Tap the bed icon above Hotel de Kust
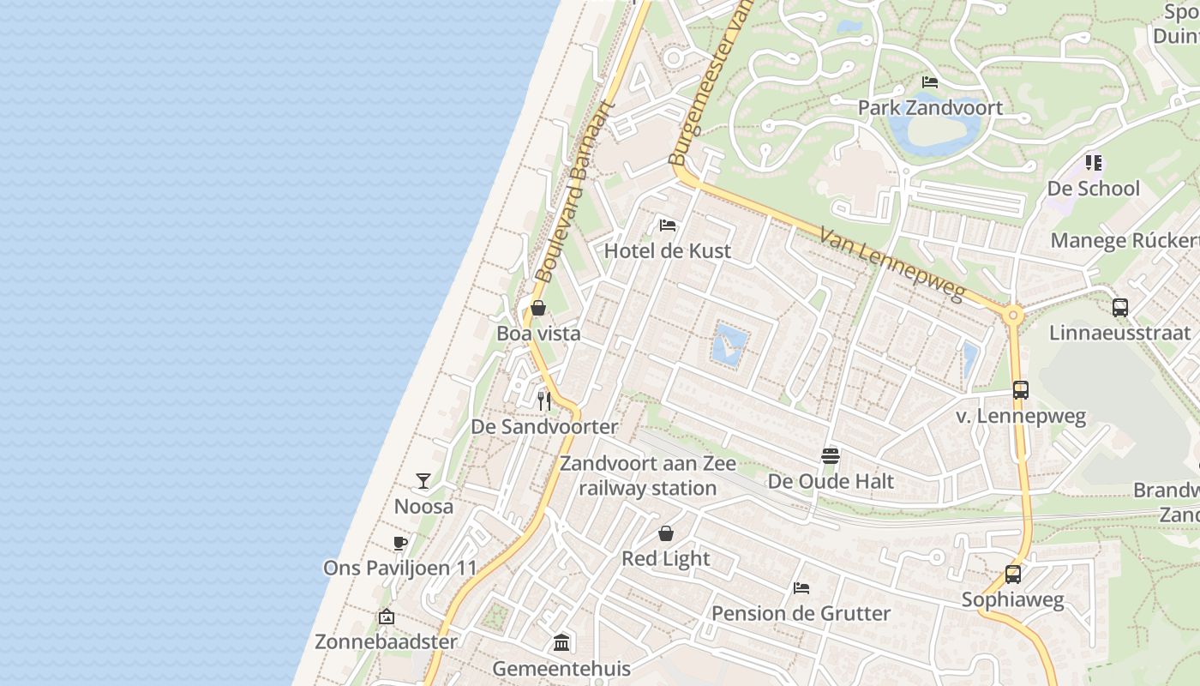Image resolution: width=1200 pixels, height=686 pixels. pyautogui.click(x=668, y=226)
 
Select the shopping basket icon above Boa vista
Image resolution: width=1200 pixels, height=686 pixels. pyautogui.click(x=538, y=308)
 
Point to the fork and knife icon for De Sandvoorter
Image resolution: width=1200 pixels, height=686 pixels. pyautogui.click(x=543, y=400)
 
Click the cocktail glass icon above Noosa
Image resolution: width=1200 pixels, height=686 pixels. pyautogui.click(x=423, y=480)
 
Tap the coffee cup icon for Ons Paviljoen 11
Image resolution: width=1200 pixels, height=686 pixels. pyautogui.click(x=399, y=542)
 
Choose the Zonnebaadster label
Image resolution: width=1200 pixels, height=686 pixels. pyautogui.click(x=386, y=641)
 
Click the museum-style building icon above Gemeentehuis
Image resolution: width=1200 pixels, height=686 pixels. pyautogui.click(x=561, y=642)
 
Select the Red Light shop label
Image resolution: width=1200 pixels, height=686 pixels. pyautogui.click(x=666, y=559)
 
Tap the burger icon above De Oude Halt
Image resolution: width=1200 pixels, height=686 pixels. pyautogui.click(x=830, y=455)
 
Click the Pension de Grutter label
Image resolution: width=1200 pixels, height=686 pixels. pyautogui.click(x=801, y=614)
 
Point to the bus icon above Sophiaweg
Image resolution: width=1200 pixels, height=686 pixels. pyautogui.click(x=1013, y=575)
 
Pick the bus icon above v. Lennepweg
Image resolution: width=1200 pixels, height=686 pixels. pyautogui.click(x=1020, y=390)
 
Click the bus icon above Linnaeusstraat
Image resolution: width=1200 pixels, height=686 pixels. pyautogui.click(x=1119, y=307)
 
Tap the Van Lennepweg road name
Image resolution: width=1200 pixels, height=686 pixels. pyautogui.click(x=891, y=264)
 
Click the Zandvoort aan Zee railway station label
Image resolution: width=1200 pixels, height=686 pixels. pyautogui.click(x=648, y=476)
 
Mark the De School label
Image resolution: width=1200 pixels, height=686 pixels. pyautogui.click(x=1094, y=189)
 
